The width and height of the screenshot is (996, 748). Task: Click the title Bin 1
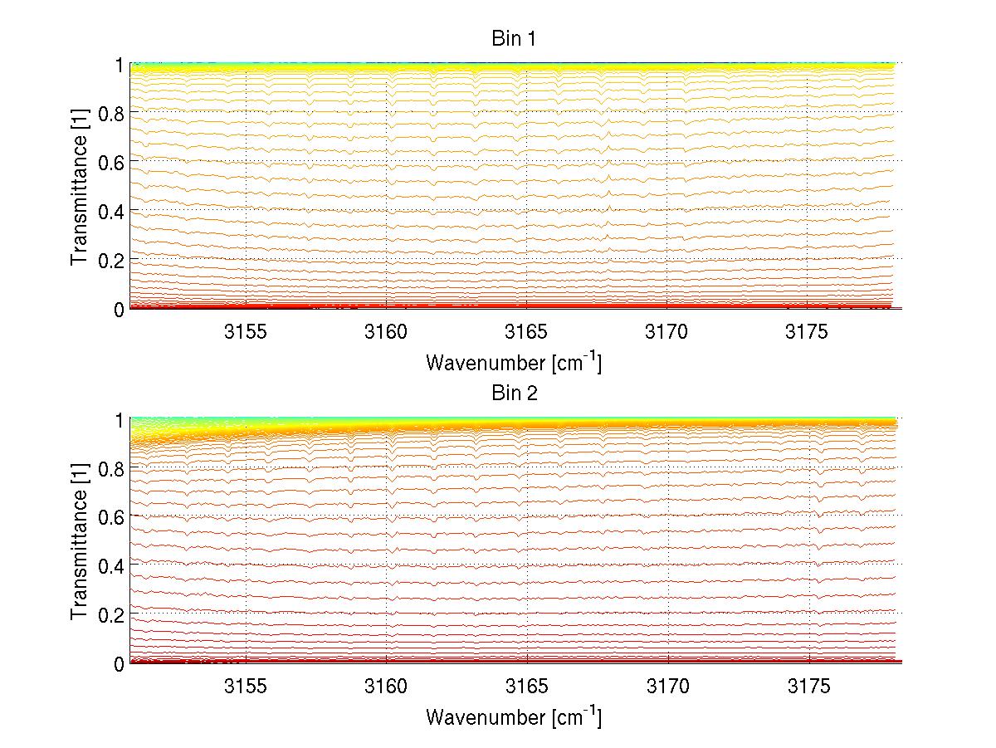click(x=515, y=39)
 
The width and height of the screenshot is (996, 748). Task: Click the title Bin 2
click(x=515, y=394)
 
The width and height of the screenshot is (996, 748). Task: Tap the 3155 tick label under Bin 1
click(x=246, y=333)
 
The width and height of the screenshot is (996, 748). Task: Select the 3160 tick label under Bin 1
click(x=386, y=333)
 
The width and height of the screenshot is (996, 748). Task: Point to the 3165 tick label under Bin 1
click(x=526, y=333)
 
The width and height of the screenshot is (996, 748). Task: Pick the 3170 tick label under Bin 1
click(x=667, y=333)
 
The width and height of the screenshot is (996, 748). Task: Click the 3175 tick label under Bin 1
click(x=808, y=333)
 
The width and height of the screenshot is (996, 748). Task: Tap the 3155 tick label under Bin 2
click(x=246, y=687)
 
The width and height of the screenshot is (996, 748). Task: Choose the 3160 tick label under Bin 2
click(x=386, y=687)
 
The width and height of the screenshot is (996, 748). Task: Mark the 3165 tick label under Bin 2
click(x=526, y=687)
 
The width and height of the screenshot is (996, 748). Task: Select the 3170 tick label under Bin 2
click(x=667, y=687)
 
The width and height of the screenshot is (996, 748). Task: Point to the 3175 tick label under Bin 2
click(x=808, y=687)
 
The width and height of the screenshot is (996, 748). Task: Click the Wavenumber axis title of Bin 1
click(x=514, y=362)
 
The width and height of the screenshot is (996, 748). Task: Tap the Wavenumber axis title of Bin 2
click(x=514, y=716)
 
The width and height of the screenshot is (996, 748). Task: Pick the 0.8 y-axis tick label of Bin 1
click(x=111, y=114)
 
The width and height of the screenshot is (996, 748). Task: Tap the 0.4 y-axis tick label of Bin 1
click(x=111, y=211)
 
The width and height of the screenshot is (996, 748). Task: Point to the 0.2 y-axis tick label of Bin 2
click(x=111, y=614)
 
